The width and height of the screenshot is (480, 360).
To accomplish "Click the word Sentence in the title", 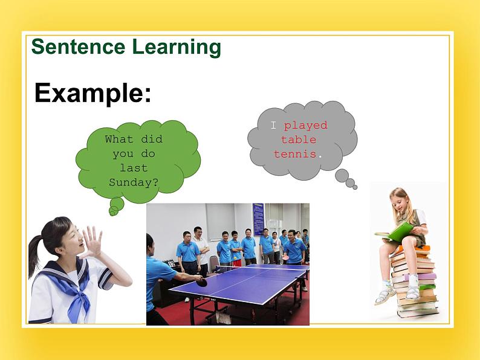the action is click(x=78, y=47).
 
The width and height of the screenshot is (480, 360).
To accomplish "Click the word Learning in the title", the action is click(x=177, y=48).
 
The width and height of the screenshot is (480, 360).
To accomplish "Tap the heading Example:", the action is click(x=92, y=93).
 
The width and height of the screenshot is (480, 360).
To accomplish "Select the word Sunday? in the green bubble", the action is click(x=134, y=182).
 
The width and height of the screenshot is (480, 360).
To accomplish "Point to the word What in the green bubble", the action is click(x=118, y=139).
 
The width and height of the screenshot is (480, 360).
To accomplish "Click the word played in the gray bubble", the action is click(x=305, y=126).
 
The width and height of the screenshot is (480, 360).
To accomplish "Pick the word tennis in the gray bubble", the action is click(x=295, y=154).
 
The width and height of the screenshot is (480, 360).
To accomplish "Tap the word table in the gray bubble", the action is click(x=299, y=140).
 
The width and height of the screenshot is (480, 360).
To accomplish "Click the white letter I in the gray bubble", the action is click(x=274, y=125).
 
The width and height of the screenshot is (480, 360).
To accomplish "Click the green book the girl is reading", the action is click(x=394, y=233).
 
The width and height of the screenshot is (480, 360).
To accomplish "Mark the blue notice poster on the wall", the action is click(x=258, y=219).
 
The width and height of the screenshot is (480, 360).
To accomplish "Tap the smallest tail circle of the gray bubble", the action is click(x=355, y=187).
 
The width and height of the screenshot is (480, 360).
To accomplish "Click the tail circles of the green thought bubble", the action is click(x=116, y=207).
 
